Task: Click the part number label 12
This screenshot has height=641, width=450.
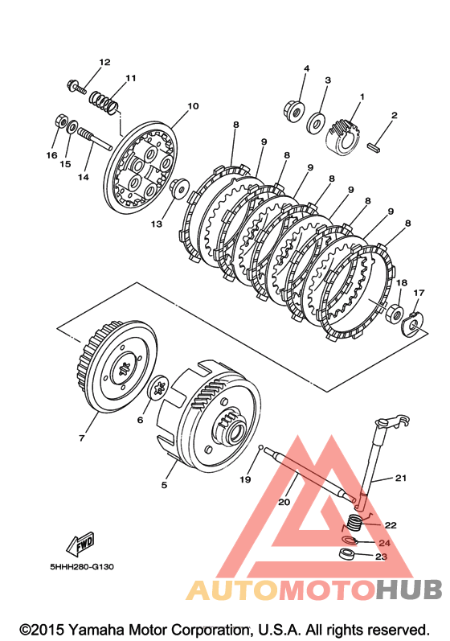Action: click(x=105, y=62)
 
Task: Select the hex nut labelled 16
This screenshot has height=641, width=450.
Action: click(x=60, y=121)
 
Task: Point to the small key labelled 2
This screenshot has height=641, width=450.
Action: click(x=376, y=147)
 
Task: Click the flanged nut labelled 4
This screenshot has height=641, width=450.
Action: click(x=293, y=110)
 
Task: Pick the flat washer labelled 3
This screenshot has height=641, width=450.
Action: click(x=316, y=121)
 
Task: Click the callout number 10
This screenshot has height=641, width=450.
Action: click(x=193, y=106)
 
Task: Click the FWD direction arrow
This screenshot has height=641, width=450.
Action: click(x=81, y=544)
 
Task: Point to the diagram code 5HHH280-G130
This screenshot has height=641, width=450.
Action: click(x=82, y=567)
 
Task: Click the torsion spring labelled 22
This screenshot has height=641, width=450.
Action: click(x=354, y=523)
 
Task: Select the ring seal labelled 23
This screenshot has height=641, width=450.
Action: click(x=347, y=555)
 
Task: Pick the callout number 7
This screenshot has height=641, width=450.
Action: click(x=82, y=438)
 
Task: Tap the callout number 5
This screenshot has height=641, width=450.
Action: click(x=164, y=485)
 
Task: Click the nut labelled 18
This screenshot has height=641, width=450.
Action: click(x=395, y=313)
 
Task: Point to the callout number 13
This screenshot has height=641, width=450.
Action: click(x=157, y=224)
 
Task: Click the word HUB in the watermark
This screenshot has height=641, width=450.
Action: click(x=409, y=590)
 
